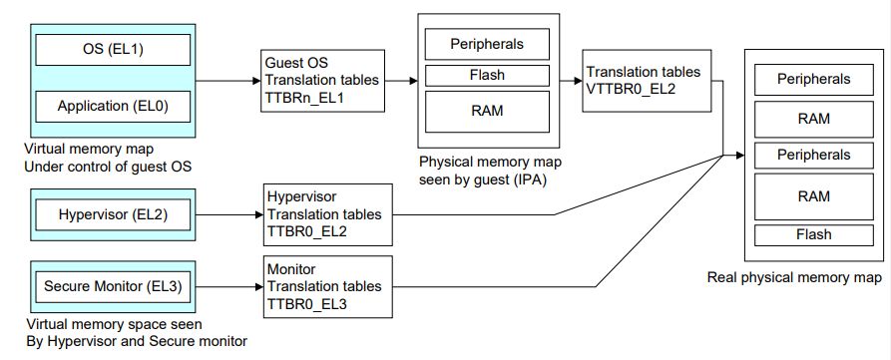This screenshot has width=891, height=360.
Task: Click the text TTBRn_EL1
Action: (303, 100)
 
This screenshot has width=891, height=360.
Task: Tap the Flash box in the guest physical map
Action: (487, 75)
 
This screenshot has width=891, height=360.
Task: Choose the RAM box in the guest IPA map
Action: (487, 110)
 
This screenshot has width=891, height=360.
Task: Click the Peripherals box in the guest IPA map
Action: (487, 44)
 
